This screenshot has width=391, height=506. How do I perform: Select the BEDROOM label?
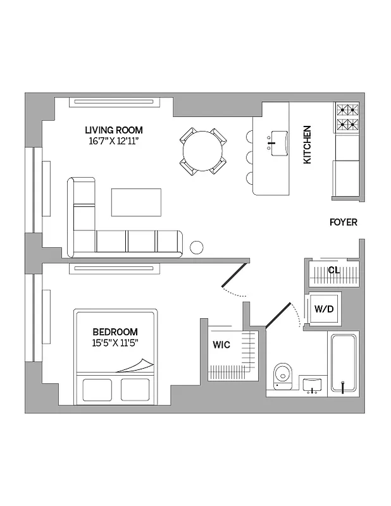click(115, 332)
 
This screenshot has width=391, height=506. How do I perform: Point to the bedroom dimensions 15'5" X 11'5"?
click(115, 343)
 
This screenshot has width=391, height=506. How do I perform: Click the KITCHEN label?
click(307, 145)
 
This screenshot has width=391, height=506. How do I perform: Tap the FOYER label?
click(343, 222)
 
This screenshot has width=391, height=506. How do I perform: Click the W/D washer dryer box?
click(323, 309)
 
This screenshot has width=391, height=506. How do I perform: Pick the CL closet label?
click(333, 270)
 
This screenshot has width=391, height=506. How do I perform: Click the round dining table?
click(202, 151)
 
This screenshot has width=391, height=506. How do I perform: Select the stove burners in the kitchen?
click(346, 116)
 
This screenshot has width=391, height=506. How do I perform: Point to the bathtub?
click(344, 364)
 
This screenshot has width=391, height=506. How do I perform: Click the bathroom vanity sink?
click(312, 385)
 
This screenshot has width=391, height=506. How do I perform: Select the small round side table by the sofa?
click(197, 247)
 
